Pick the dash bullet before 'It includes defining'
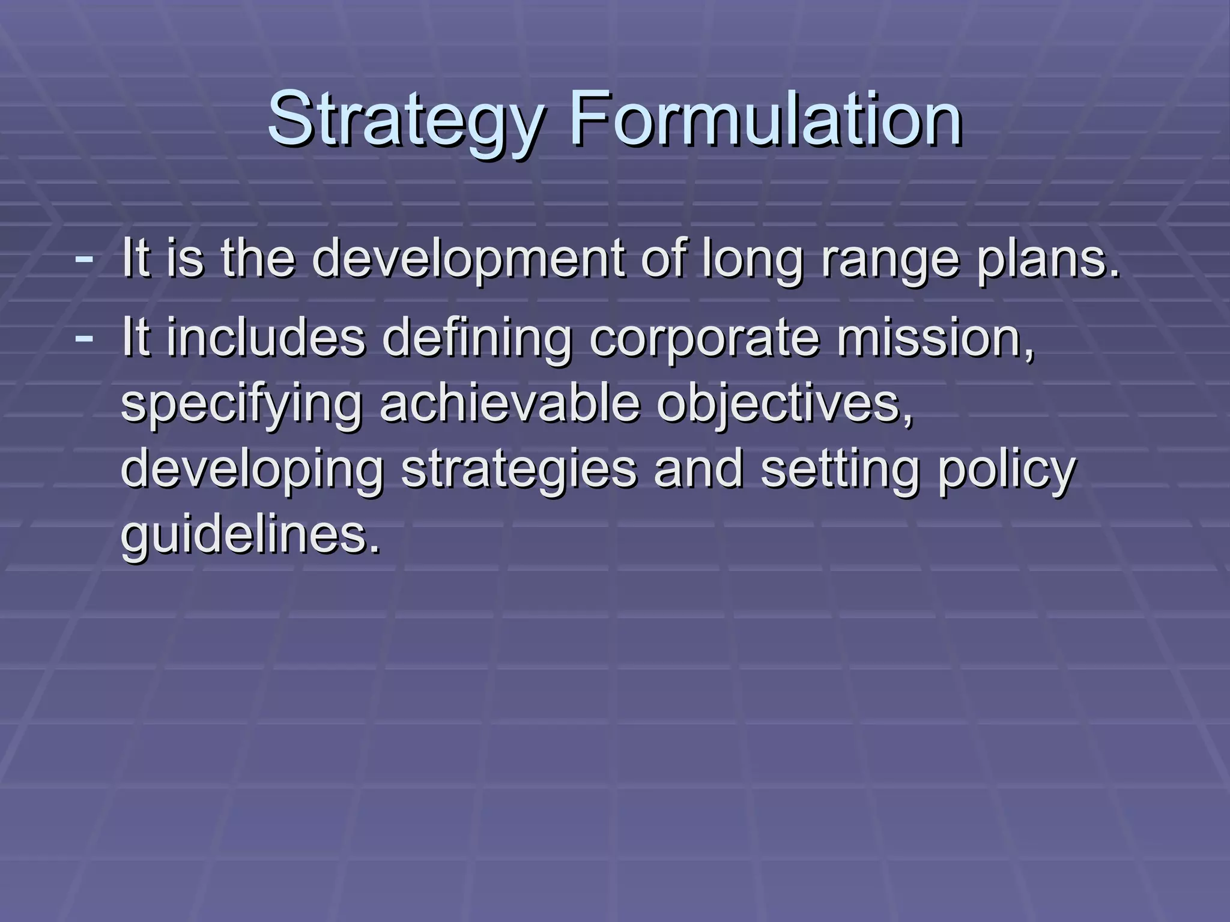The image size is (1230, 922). pyautogui.click(x=83, y=336)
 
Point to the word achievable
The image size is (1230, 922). pyautogui.click(x=510, y=403)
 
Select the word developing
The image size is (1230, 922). pyautogui.click(x=252, y=469)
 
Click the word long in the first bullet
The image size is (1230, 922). pyautogui.click(x=753, y=259)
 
